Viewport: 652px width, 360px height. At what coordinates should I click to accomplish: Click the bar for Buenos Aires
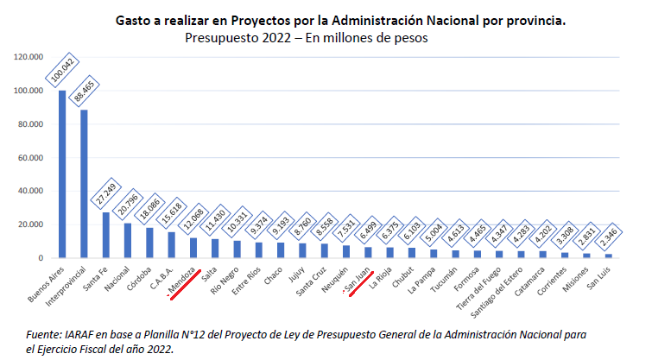(62, 174)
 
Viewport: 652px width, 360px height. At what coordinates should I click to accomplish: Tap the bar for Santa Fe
(106, 235)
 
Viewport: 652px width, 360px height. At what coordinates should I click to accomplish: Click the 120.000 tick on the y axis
(28, 57)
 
